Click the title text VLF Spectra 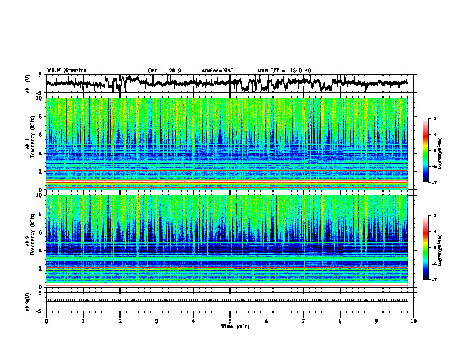coord(66,71)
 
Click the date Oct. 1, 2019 coord(164,71)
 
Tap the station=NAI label coord(218,71)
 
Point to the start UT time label coord(284,71)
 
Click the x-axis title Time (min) coord(230,326)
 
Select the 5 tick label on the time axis coord(230,321)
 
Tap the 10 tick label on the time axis coord(414,321)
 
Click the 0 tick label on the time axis coord(46,321)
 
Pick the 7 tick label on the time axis coord(304,321)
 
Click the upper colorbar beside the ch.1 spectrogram coord(429,150)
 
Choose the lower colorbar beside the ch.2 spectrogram coord(429,248)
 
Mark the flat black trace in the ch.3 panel coord(230,301)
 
